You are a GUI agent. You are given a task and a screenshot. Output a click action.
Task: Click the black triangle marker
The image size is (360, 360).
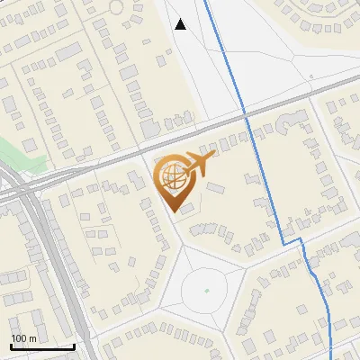click(181, 24)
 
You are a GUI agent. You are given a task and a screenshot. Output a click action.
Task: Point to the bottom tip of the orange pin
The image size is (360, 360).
click(175, 212)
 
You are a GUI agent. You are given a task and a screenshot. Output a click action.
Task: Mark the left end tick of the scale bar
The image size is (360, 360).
click(11, 345)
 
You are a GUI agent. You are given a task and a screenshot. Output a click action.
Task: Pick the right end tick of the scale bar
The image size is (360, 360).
click(75, 345)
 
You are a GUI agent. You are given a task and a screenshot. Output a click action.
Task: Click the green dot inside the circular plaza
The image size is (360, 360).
click(206, 291)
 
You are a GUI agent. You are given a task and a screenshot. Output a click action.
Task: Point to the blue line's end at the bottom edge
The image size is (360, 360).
click(331, 358)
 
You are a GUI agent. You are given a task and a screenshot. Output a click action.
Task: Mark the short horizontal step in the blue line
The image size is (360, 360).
click(291, 243)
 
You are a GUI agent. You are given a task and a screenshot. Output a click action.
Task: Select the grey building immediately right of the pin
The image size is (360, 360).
click(217, 188)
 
